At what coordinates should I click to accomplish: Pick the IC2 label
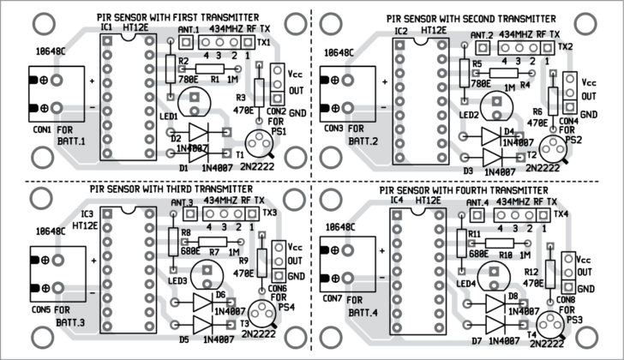pos(401,32)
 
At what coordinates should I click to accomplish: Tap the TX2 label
pos(566,46)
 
